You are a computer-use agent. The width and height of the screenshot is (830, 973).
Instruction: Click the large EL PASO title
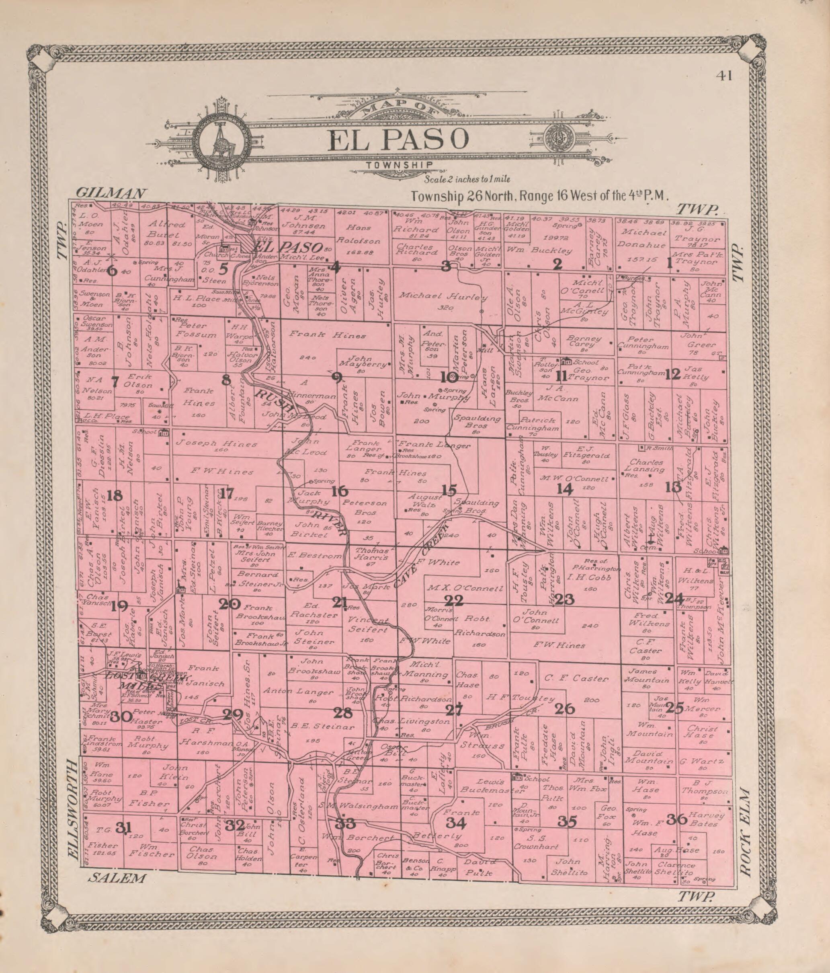tap(399, 140)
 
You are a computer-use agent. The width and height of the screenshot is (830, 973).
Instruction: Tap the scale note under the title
tap(467, 179)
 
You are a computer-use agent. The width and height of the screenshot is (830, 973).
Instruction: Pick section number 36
tap(677, 820)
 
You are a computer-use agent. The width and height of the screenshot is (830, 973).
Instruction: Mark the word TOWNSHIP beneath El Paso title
tap(400, 164)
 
